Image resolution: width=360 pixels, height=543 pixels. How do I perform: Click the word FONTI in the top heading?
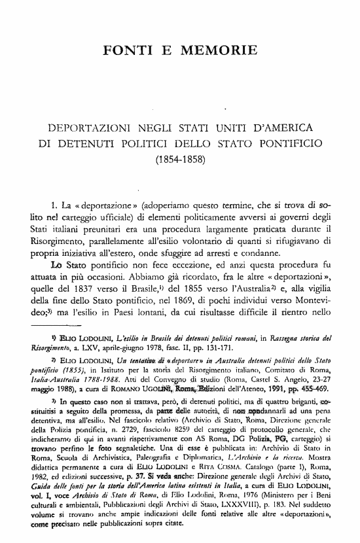point(128,50)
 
